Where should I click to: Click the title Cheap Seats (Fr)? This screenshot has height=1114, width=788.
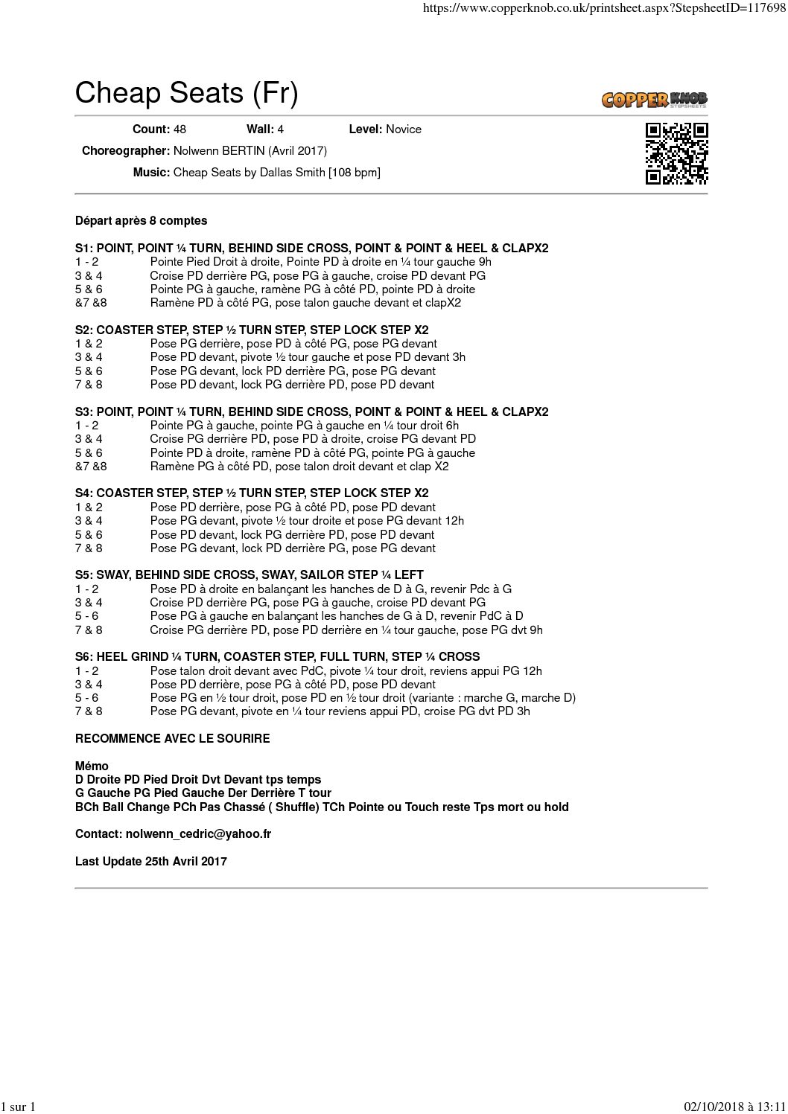tap(186, 93)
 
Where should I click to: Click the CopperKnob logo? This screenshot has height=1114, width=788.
tap(654, 99)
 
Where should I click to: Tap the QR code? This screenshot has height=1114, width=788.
tap(676, 153)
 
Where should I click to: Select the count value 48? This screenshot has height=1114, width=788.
tap(179, 129)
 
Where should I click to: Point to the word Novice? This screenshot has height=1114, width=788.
tap(403, 129)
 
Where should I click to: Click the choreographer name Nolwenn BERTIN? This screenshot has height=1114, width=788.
tap(219, 151)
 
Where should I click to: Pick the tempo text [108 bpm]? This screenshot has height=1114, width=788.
tap(355, 173)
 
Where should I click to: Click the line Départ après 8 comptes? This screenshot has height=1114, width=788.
tap(142, 221)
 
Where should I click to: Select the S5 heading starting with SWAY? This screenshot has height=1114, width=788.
tap(250, 575)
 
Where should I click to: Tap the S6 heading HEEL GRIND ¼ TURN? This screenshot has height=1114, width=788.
tap(277, 657)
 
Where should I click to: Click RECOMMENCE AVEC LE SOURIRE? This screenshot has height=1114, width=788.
tap(172, 739)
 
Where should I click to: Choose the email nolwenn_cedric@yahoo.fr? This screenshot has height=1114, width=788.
tap(198, 834)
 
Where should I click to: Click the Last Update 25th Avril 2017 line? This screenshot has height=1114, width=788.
tap(151, 862)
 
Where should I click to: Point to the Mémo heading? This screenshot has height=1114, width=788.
tap(92, 766)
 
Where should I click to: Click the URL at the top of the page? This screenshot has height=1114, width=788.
tap(603, 8)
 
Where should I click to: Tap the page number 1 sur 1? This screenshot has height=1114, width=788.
tap(19, 1107)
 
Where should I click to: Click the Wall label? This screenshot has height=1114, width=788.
tap(260, 129)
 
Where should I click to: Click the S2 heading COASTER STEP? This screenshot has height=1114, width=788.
tap(252, 330)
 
